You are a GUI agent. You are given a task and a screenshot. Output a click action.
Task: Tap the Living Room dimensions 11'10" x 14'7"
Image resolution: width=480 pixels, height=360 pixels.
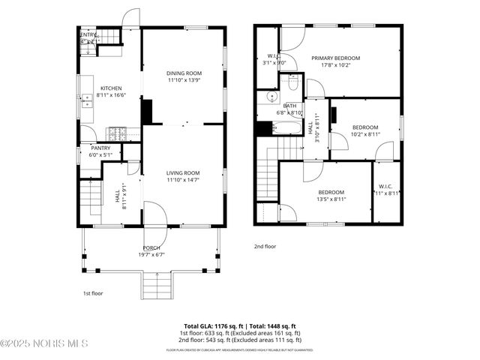tap(183, 181)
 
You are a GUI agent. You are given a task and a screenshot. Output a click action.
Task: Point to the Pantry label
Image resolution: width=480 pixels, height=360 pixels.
tap(100, 148)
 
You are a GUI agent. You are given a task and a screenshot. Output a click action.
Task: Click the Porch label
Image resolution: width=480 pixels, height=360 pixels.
tap(151, 247)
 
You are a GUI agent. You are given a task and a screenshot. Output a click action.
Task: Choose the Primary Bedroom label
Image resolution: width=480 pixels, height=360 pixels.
tap(336, 58)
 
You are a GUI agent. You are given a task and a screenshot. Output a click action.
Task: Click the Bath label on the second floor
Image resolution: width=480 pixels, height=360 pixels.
tap(289, 106)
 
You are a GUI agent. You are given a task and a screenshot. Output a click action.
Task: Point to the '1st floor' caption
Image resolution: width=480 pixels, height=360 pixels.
tap(93, 294)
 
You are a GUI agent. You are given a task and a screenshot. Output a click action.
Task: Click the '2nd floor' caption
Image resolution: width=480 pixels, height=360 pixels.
tap(265, 246)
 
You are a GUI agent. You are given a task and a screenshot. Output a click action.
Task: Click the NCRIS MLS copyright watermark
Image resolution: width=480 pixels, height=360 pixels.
tap(44, 343)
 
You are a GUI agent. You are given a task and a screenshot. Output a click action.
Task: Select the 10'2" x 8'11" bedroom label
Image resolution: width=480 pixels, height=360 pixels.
tap(365, 127)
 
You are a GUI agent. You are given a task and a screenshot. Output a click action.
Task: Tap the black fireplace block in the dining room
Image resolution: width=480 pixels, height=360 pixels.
tap(148, 112)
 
